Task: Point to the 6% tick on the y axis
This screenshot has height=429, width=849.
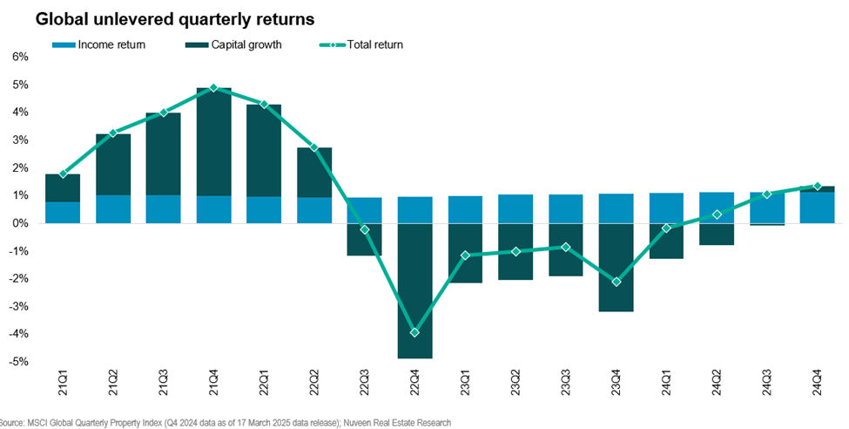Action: click(x=20, y=57)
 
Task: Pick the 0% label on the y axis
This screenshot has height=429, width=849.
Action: click(x=20, y=223)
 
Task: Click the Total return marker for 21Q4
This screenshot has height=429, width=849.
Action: click(x=213, y=88)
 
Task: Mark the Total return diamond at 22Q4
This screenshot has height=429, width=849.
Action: click(x=414, y=332)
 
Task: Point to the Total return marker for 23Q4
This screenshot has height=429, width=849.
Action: click(x=616, y=282)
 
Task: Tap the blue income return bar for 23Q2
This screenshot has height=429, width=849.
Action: click(x=515, y=208)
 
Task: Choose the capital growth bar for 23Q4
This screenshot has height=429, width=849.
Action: click(x=616, y=267)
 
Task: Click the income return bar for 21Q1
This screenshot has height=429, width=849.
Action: click(x=63, y=212)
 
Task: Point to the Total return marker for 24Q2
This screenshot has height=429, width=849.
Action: click(x=717, y=214)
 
